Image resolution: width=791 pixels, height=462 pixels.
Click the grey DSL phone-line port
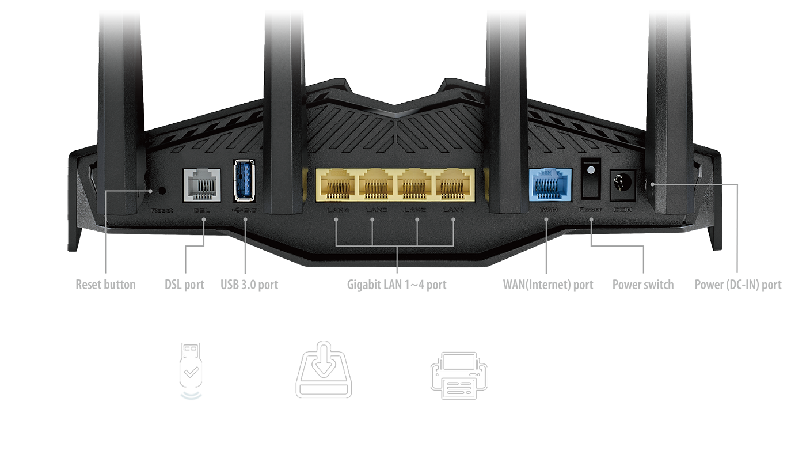coord(201,185)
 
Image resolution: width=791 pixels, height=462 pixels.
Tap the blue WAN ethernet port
coord(550,185)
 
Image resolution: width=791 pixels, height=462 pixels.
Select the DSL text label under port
coord(201,210)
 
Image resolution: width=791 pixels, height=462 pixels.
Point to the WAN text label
coord(546,210)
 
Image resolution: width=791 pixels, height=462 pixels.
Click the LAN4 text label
coord(337,210)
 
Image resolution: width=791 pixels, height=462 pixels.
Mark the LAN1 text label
coord(454,210)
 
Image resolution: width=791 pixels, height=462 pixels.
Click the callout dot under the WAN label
coord(546,219)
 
